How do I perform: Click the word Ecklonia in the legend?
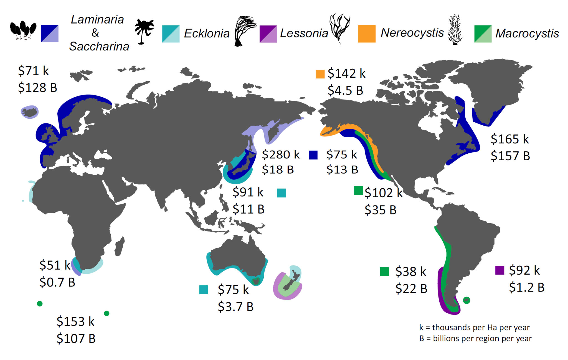tap(207, 33)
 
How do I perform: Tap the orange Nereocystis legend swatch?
tap(366, 34)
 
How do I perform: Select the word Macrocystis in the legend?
tap(527, 33)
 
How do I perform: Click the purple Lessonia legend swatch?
tap(268, 34)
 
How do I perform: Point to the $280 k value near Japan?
tap(281, 154)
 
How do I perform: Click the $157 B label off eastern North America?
tap(510, 156)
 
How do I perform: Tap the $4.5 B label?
tap(345, 90)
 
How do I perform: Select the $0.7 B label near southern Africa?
tap(57, 282)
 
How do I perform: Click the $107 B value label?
tap(76, 339)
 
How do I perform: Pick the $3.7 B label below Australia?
tap(235, 307)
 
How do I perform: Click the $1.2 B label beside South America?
tap(526, 287)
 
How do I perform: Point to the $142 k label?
tap(346, 73)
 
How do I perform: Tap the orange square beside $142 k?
tap(320, 74)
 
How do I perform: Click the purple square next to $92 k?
tap(499, 270)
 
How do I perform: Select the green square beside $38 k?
tap(384, 272)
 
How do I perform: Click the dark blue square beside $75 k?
tap(313, 155)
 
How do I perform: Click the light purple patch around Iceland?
tap(30, 112)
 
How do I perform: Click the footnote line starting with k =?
tap(474, 328)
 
